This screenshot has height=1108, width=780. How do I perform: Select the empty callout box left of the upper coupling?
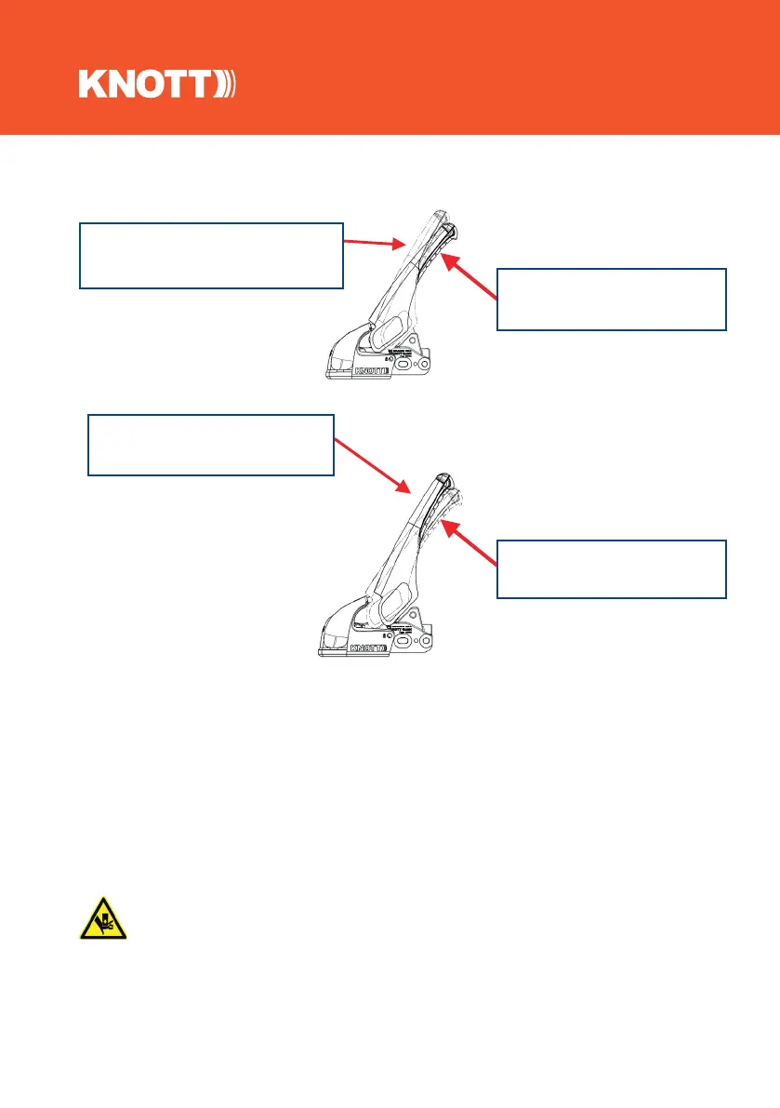point(211,255)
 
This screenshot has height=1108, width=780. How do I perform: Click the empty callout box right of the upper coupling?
point(611,299)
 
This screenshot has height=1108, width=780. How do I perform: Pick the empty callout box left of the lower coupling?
point(210,445)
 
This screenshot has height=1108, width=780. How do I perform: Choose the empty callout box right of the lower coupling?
point(611,568)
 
